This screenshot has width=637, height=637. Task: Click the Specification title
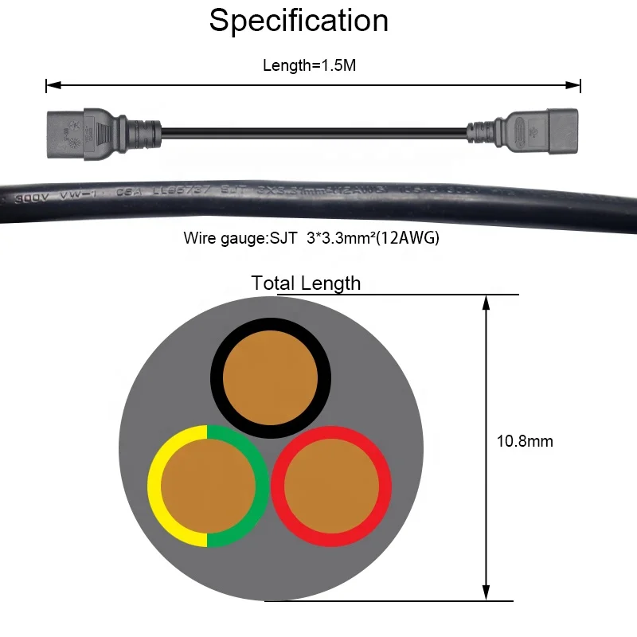(299, 21)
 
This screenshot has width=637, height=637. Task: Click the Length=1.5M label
(309, 65)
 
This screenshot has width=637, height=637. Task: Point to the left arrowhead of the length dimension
(50, 85)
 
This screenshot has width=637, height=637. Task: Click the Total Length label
(306, 283)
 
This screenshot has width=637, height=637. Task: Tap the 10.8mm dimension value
(524, 441)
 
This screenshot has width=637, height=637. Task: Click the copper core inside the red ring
(331, 486)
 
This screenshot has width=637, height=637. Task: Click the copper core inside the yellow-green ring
(208, 486)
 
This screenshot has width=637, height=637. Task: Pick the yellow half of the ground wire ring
(155, 486)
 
